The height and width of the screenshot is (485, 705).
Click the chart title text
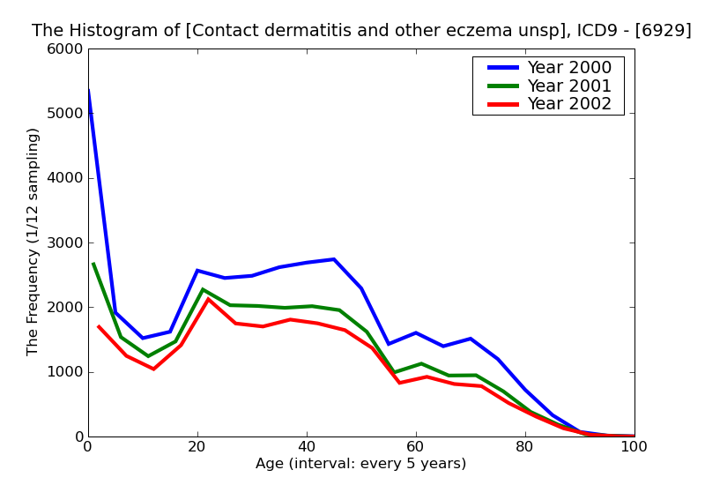(361, 31)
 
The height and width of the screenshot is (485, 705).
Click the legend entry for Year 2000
(568, 68)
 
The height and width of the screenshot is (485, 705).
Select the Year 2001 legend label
(568, 86)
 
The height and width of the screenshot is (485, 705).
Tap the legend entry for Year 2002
(568, 104)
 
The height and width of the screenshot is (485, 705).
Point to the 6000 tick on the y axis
(66, 49)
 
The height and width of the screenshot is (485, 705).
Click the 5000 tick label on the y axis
(66, 114)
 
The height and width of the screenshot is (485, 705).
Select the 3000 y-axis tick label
(66, 242)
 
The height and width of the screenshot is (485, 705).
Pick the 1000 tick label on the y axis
(66, 372)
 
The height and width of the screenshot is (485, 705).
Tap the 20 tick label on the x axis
(197, 447)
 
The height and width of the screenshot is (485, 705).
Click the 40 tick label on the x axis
(307, 447)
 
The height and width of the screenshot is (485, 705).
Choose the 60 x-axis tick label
(416, 447)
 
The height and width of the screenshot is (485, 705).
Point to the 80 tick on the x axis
(525, 447)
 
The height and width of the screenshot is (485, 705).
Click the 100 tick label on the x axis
(634, 447)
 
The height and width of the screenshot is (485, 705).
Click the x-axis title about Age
(360, 464)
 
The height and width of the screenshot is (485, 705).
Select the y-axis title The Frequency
(33, 242)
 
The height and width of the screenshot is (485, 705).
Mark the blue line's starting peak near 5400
(89, 91)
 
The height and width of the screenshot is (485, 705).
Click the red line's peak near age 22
(208, 299)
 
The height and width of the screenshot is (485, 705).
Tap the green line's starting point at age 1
(93, 264)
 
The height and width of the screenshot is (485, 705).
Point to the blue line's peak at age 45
(334, 259)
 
